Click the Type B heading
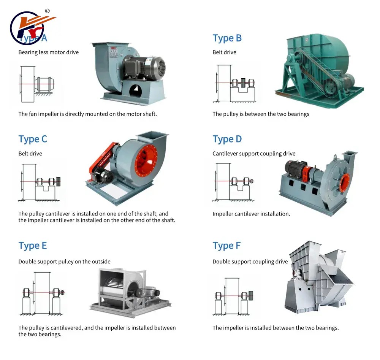[x=227, y=38]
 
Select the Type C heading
[x=33, y=139]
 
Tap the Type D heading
[x=227, y=139]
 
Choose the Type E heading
[x=33, y=246]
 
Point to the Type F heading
[x=226, y=246]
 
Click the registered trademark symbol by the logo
[x=47, y=11]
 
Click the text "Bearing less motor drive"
[x=48, y=52]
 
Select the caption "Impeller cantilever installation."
[x=251, y=214]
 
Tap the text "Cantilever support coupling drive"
[x=254, y=154]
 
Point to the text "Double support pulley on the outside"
[x=64, y=262]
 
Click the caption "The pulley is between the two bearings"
[x=261, y=114]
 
